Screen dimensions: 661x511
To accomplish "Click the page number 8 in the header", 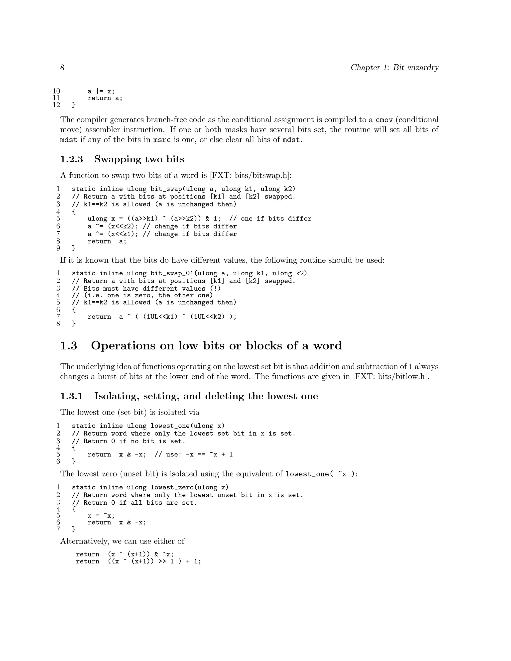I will pos(62,68).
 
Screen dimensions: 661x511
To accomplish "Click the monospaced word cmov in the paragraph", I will pos(384,120).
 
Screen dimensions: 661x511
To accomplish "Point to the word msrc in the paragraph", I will pos(162,140).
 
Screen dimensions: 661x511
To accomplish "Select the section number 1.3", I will pos(69,346).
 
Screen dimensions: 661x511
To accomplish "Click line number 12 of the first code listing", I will pos(56,105).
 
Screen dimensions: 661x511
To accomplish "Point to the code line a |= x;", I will pos(101,91).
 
